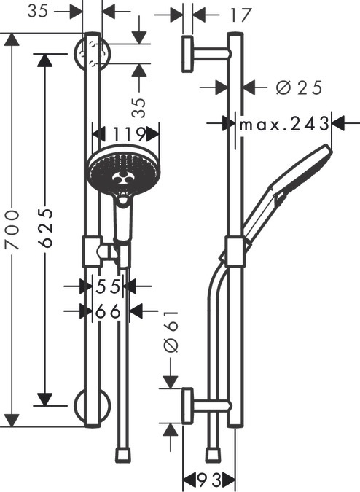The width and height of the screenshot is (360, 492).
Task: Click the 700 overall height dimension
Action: [x=12, y=230]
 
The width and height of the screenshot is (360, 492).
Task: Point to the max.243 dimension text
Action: [x=283, y=124]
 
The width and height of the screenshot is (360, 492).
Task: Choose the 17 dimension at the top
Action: [x=240, y=15]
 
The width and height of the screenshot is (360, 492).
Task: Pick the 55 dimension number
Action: [x=108, y=286]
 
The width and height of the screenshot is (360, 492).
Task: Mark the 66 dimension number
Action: [x=108, y=311]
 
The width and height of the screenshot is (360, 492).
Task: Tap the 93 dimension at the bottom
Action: [x=209, y=479]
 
